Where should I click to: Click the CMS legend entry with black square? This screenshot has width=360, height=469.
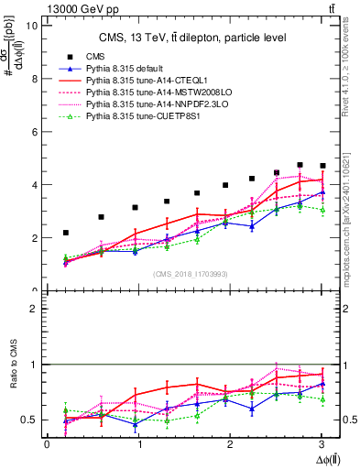(91, 58)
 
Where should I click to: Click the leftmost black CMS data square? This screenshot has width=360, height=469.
(65, 233)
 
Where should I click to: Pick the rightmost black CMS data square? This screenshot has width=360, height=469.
(322, 166)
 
